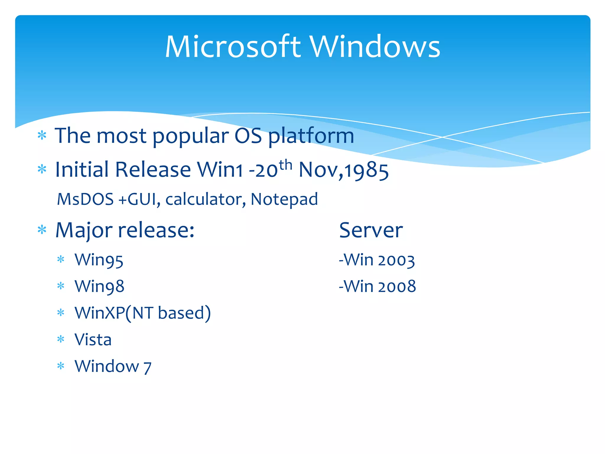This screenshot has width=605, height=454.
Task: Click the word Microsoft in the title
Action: click(x=233, y=47)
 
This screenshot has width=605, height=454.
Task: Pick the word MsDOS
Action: click(x=85, y=199)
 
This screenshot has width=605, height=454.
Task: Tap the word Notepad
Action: click(x=284, y=200)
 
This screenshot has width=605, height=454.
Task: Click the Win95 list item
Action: click(x=99, y=260)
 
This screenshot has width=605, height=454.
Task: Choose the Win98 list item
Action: click(x=100, y=286)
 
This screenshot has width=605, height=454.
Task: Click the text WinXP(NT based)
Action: click(x=143, y=313)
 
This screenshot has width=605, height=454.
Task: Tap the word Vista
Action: click(x=93, y=339)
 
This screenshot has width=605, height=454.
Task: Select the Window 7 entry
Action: click(x=113, y=367)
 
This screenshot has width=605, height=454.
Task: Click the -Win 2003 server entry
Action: click(x=377, y=260)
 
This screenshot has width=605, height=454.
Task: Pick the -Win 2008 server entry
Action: click(x=377, y=286)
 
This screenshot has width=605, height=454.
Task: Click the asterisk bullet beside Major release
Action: click(x=42, y=230)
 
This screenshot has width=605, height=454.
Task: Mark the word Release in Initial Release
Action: click(x=153, y=170)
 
